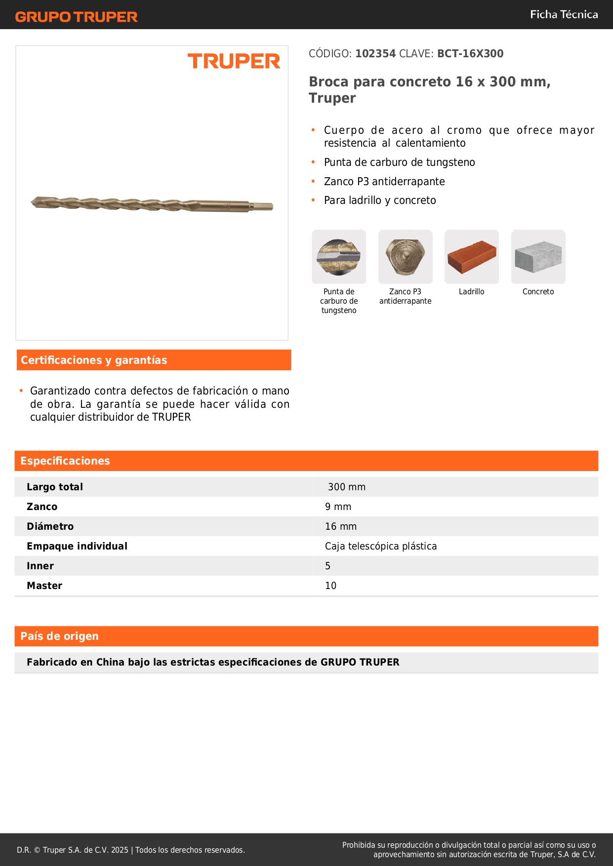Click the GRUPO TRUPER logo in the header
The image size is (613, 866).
point(76,17)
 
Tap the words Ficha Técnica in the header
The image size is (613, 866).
point(564,15)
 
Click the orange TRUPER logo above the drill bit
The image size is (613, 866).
point(234,61)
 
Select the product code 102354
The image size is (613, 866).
point(375,54)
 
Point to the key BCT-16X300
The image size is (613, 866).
point(470,54)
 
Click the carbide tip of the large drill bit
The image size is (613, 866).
point(34,202)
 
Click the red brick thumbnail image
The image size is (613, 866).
point(471,257)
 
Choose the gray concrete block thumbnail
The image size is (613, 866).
point(538,257)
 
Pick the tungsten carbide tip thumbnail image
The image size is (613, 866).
point(339,257)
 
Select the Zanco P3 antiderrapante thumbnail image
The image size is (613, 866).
point(405,257)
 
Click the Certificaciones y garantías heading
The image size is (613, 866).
point(94,360)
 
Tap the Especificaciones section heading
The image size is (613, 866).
point(65,461)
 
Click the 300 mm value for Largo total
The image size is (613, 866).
point(347,487)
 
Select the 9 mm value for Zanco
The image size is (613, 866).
point(338,507)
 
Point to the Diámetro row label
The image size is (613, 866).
point(50,527)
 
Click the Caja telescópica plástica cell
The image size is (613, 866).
point(381,547)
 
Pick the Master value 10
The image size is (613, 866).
point(330,586)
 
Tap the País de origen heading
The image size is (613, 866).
point(59,636)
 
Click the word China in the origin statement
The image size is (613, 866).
point(110,663)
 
